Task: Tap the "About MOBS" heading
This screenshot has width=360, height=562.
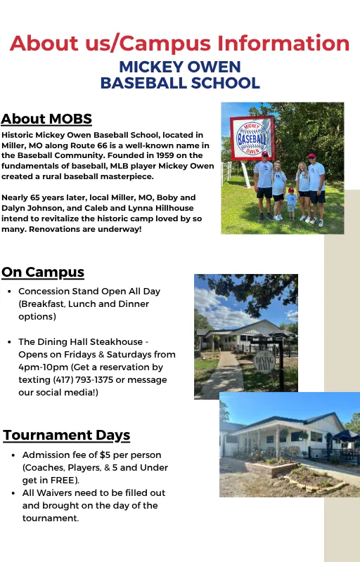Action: [x=46, y=119]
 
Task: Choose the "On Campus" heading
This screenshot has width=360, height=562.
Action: [x=43, y=272]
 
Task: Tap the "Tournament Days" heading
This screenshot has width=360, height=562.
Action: [x=67, y=435]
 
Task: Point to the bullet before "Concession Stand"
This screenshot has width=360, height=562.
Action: [x=8, y=292]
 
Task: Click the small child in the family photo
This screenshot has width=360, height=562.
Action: [x=291, y=203]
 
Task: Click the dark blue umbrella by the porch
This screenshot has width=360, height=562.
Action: [x=345, y=436]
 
